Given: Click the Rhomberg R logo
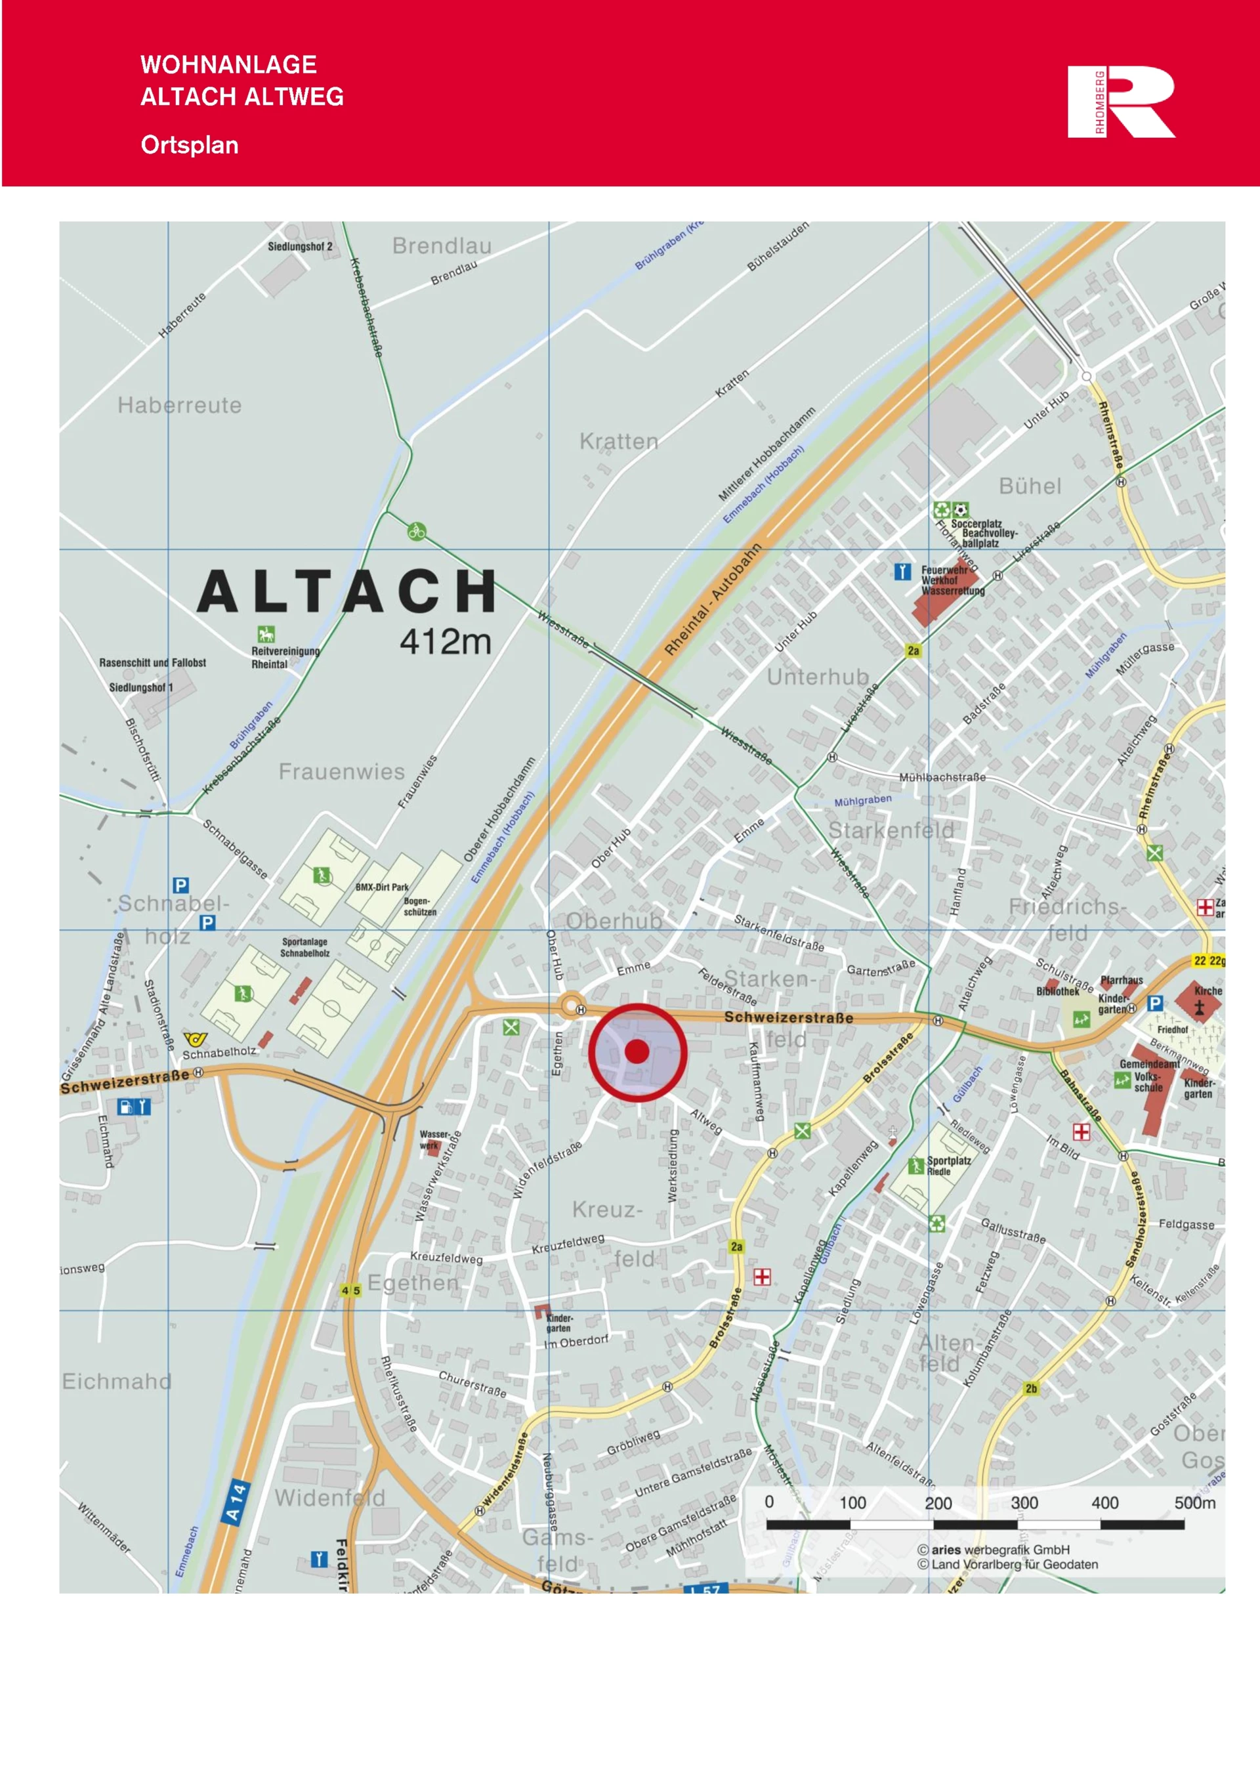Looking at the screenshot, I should pos(1121,102).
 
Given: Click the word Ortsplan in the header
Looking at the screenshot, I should pos(189,145).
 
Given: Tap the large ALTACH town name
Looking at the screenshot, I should pos(346,592).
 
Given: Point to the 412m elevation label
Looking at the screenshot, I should pos(446,643).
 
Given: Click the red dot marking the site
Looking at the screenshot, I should pos(637,1051).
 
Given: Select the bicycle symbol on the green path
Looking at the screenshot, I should pos(417,532).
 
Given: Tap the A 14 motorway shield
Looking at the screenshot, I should pos(235,1502).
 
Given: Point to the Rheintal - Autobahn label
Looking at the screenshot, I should pos(713,600).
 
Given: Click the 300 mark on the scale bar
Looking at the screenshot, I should pos(1024,1502).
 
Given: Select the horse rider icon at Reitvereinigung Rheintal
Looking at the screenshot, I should pos(266,634).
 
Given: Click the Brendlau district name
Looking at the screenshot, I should pos(442,246).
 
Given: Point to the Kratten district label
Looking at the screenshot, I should pos(618,442).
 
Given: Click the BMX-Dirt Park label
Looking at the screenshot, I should pos(382,887).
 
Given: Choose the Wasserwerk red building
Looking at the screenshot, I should pos(432,1149).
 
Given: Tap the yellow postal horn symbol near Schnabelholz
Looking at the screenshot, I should pos(195,1038).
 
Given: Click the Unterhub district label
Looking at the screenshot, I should pos(818,677).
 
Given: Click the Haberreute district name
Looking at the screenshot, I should pos(179,405).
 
